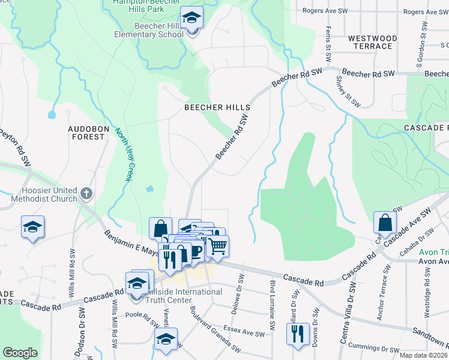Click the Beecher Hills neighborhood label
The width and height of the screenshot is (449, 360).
pos(217,107)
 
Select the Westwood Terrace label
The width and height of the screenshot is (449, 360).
pos(373,42)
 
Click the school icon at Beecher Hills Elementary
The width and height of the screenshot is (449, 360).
pos(192,19)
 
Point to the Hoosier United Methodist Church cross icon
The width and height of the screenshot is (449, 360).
pos(86,194)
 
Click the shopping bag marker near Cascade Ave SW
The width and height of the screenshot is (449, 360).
pos(385,223)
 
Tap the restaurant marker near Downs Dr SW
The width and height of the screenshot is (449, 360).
pos(297,335)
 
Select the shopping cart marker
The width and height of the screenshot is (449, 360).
pos(217,247)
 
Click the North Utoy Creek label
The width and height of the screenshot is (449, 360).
pos(124,155)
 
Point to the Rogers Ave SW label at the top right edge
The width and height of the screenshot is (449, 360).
pos(426,11)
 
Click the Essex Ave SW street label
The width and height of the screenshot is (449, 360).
pos(244,331)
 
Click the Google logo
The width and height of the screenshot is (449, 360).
pos(20,353)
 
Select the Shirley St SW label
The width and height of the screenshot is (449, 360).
pos(346,88)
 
